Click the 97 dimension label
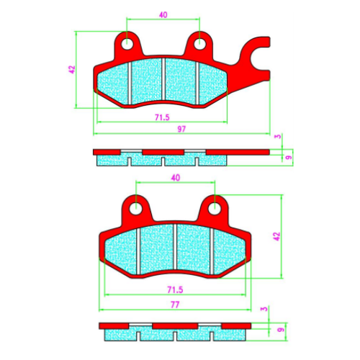pos(181,129)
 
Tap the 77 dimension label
pos(175,305)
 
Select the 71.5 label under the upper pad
pos(162,117)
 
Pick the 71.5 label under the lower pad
pos(175,289)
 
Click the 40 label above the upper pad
pos(163,15)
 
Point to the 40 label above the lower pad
pos(176,178)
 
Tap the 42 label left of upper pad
pos(72,70)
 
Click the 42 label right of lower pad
pos(276,236)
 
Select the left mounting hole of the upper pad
pos(127,44)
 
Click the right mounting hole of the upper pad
pos(199,44)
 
